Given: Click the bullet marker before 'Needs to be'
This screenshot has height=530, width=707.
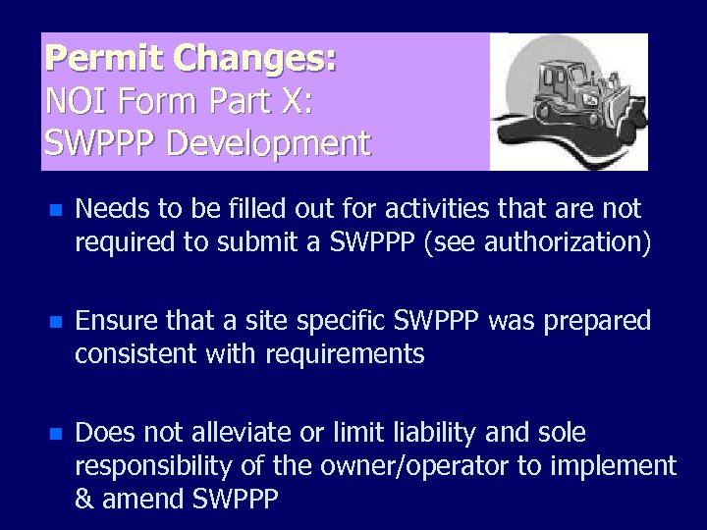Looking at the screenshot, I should click(56, 210).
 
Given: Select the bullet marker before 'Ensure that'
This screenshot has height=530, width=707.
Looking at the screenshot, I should click(56, 322).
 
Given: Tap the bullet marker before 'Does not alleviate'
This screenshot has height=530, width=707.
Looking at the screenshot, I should click(56, 434).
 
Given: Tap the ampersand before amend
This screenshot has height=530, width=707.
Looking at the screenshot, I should click(86, 499).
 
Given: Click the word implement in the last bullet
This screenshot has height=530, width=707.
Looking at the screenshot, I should click(623, 465).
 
